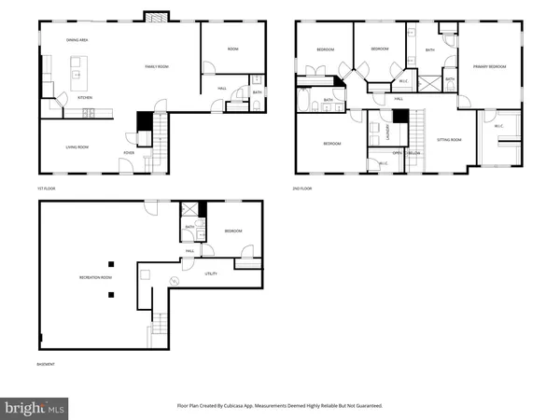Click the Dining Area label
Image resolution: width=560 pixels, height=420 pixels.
77,39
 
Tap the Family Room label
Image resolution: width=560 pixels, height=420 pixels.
156,66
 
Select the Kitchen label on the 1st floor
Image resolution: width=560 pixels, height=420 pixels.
84,97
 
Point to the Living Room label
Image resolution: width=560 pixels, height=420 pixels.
77,147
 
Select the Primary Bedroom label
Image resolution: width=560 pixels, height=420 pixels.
488,66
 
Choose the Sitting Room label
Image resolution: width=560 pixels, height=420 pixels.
449,140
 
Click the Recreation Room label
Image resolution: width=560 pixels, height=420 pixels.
93,277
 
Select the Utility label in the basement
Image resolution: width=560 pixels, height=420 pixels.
211,273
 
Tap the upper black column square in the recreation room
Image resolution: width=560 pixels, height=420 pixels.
110,261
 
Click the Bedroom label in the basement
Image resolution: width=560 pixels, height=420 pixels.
232,231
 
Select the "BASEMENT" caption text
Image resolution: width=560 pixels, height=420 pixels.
43,364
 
